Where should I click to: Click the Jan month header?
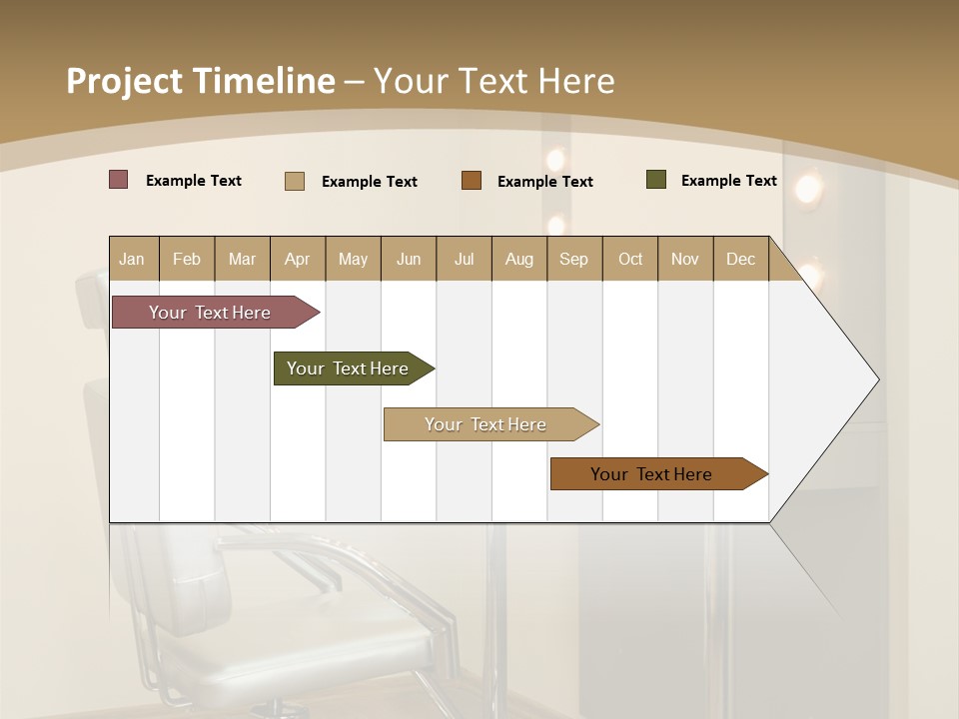(x=132, y=259)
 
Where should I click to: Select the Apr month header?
(x=298, y=259)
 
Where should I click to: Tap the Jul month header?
(x=465, y=259)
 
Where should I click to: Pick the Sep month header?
(x=574, y=259)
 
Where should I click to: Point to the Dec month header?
(x=741, y=259)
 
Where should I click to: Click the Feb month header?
(x=187, y=259)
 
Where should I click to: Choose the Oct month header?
(x=630, y=259)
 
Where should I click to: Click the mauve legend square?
(x=118, y=180)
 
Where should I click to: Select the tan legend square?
(x=295, y=181)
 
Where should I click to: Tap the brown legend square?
(x=472, y=181)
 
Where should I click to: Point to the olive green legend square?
(x=656, y=180)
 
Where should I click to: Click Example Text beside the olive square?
(x=728, y=181)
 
